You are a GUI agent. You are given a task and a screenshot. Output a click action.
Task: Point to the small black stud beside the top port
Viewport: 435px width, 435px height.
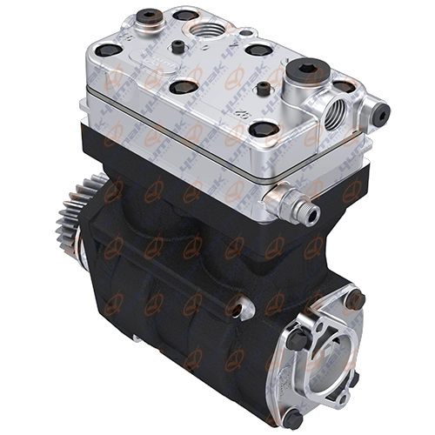click(178, 46)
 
